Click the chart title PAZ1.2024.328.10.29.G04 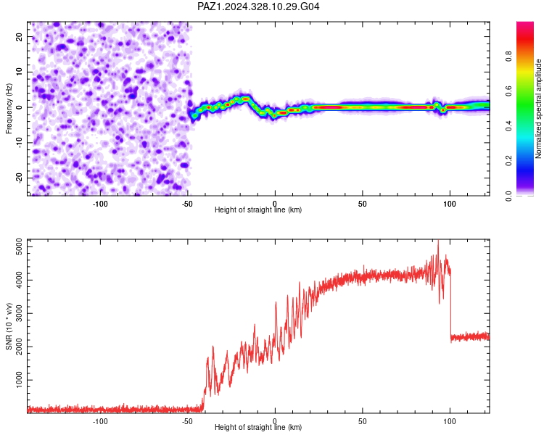coord(258,7)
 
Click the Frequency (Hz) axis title coord(9,109)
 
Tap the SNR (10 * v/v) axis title coord(9,326)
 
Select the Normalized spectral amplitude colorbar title coord(538,109)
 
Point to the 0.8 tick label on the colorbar coord(508,56)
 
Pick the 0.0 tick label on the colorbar coord(508,196)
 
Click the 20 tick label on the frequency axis coord(19,37)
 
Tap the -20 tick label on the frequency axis coord(19,178)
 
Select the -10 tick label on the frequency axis coord(19,143)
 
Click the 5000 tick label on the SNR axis coord(19,247)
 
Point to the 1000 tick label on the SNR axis coord(19,380)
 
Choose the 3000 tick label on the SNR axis coord(19,314)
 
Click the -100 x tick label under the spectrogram coord(100,204)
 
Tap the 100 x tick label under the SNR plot coord(450,421)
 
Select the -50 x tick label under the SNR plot coord(187,421)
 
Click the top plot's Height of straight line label coord(258,210)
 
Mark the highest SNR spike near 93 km coord(438,241)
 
